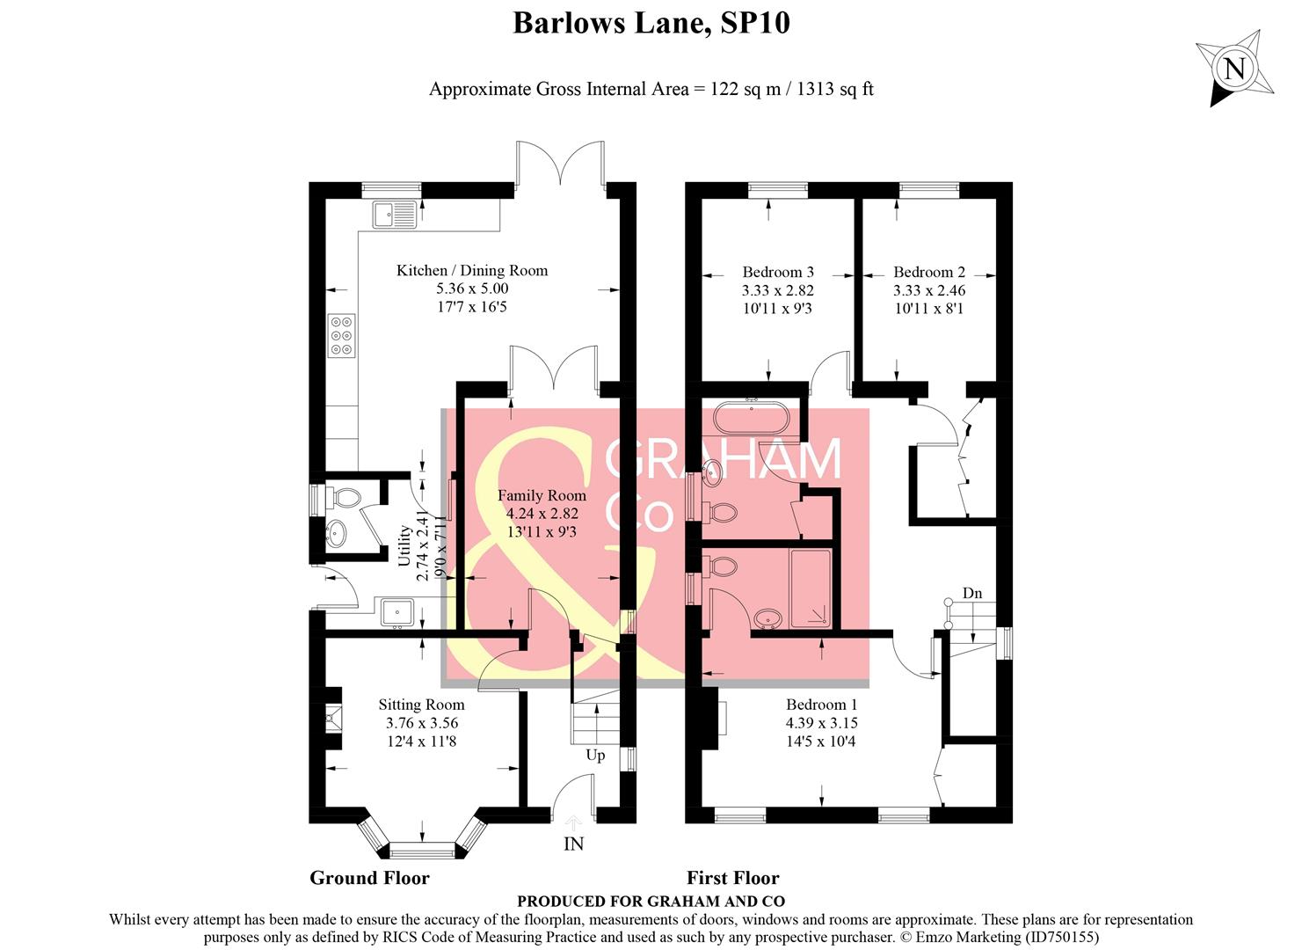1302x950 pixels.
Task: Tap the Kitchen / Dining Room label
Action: click(472, 271)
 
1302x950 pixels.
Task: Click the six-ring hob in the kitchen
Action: click(342, 335)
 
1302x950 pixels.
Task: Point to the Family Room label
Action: click(542, 496)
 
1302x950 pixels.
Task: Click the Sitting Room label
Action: click(421, 705)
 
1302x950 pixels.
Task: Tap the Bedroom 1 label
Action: click(821, 705)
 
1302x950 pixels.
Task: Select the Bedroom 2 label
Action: click(929, 273)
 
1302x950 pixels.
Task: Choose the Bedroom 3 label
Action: click(778, 273)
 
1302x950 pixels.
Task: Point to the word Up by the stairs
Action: click(595, 756)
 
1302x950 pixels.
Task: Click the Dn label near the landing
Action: click(971, 594)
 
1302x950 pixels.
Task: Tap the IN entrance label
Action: click(573, 844)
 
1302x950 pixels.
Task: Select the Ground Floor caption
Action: click(369, 878)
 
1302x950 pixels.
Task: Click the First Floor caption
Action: click(732, 878)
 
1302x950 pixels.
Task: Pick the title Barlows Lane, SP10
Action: click(651, 23)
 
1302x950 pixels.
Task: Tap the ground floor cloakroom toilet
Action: click(346, 499)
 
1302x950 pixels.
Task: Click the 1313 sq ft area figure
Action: click(835, 89)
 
